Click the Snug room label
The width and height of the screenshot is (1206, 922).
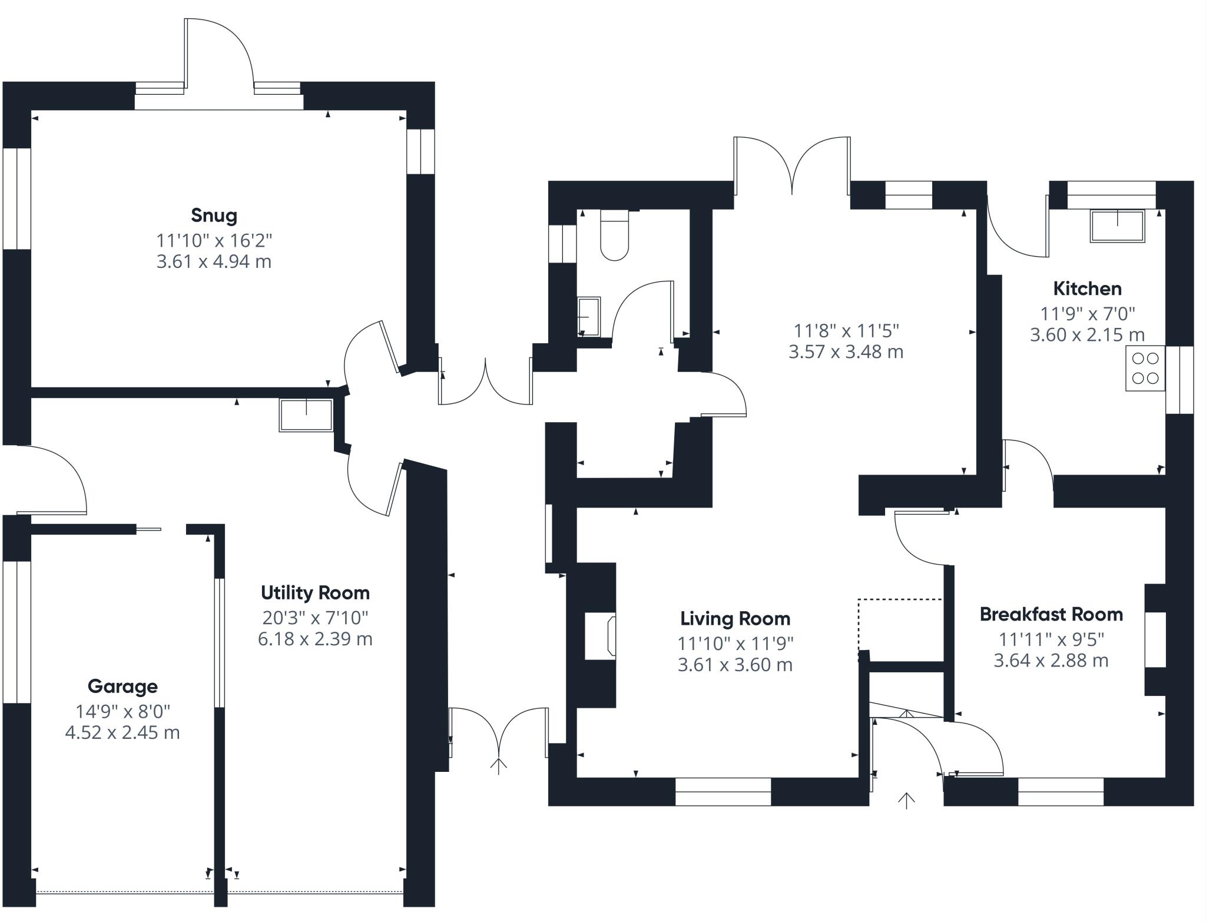tap(214, 215)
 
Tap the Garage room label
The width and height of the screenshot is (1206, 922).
tap(122, 686)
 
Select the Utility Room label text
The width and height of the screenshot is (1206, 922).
tap(315, 592)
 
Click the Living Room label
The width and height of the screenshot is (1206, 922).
tap(735, 619)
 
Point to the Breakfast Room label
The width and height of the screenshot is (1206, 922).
tap(1051, 615)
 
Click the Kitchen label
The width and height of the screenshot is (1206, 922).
tap(1087, 289)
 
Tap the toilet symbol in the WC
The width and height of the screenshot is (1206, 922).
tap(614, 238)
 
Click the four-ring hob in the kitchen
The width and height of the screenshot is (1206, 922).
tap(1145, 368)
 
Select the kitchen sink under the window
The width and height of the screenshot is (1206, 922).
tap(1117, 225)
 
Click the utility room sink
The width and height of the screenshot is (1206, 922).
tap(306, 415)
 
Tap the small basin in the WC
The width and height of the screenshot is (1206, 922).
tap(589, 316)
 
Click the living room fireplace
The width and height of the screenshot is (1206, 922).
tap(601, 636)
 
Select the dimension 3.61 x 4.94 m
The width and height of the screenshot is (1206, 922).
tap(214, 261)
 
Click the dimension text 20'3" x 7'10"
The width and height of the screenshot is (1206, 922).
tap(315, 618)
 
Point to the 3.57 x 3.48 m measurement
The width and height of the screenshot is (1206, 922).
tap(846, 352)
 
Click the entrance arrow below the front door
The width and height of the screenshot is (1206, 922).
tap(906, 801)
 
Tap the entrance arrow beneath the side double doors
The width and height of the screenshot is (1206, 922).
tap(499, 767)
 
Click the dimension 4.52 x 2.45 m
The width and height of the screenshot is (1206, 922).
tap(122, 733)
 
